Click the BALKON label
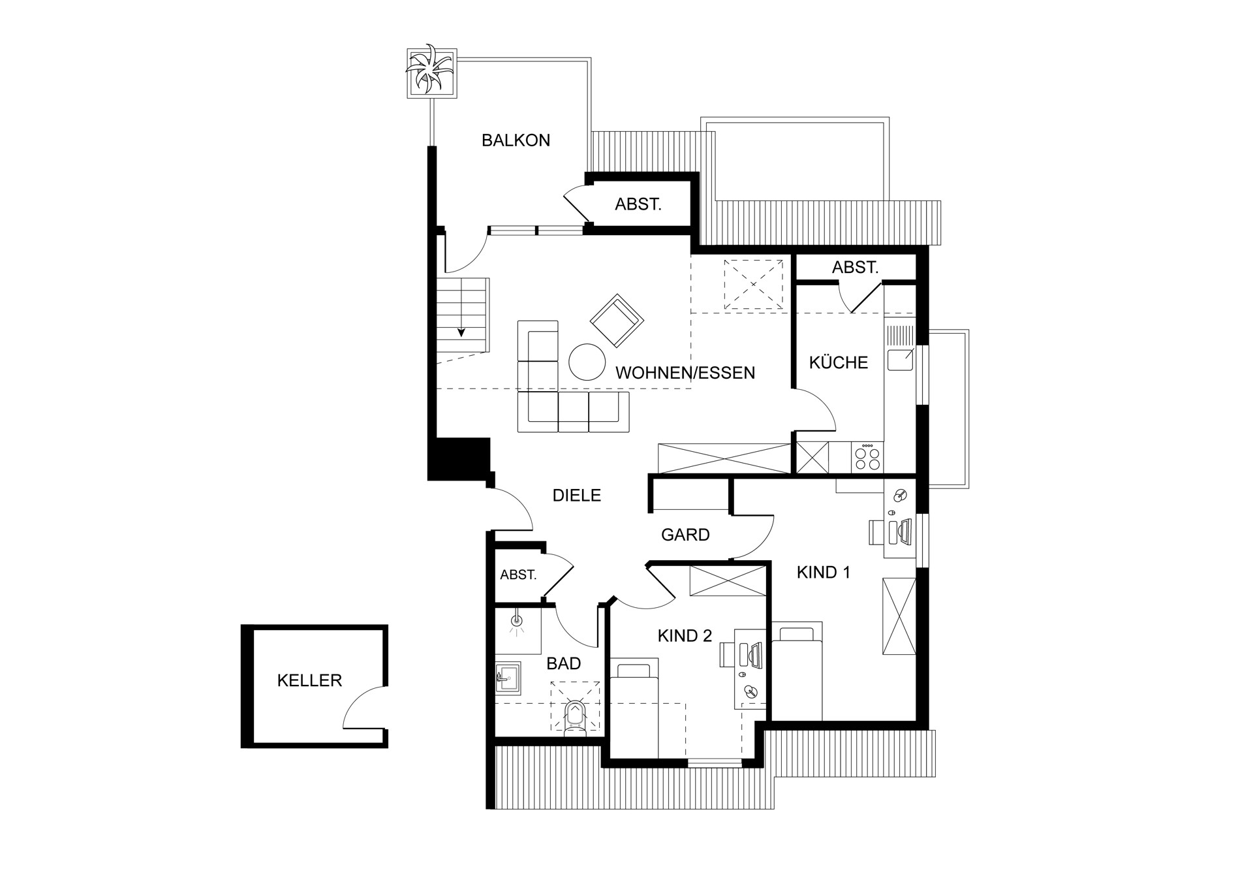click(x=516, y=140)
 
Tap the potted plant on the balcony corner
click(x=431, y=72)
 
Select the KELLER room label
click(x=309, y=680)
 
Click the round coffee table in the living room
click(x=587, y=362)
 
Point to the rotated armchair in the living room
click(x=617, y=321)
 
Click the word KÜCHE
click(x=839, y=362)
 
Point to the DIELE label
click(x=577, y=496)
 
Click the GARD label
click(x=685, y=535)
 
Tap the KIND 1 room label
click(x=824, y=573)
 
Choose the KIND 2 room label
click(x=685, y=636)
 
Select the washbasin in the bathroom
click(x=508, y=678)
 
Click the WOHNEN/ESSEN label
click(x=685, y=373)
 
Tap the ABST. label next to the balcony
click(x=638, y=204)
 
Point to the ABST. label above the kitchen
click(x=856, y=267)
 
